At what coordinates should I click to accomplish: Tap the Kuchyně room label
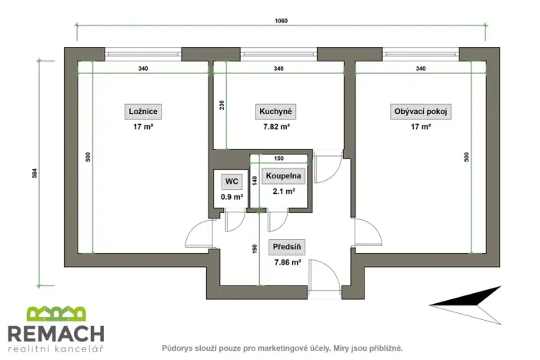click(x=275, y=112)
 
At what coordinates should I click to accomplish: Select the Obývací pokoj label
click(x=421, y=112)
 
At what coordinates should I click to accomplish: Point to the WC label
click(x=229, y=182)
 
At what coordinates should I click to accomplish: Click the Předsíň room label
click(x=288, y=247)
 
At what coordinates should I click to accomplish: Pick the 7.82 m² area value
click(x=275, y=127)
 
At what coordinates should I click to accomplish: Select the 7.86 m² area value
click(x=288, y=262)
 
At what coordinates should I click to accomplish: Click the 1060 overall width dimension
click(x=281, y=21)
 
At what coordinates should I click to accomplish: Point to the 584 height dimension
click(x=35, y=173)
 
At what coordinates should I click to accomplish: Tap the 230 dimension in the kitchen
click(x=222, y=105)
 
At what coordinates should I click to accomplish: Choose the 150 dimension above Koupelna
click(x=278, y=159)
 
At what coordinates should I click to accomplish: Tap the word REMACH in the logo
click(x=55, y=333)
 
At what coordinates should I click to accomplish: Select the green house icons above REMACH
click(x=55, y=314)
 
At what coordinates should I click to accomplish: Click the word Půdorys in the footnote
click(x=178, y=348)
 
